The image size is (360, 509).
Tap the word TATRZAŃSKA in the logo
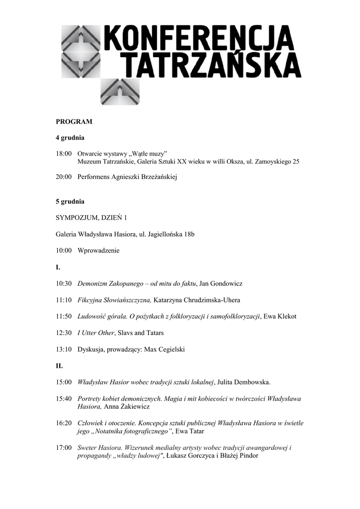[211, 65]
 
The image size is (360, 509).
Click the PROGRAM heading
[74, 121]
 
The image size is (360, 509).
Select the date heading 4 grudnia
[70, 137]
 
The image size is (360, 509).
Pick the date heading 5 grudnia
[70, 201]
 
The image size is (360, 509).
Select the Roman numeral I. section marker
[58, 267]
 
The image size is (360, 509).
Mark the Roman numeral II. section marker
[59, 365]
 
